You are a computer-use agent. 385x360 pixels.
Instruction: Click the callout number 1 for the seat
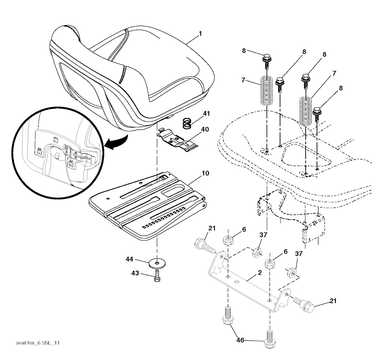point(200,33)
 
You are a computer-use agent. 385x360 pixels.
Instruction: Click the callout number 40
point(205,129)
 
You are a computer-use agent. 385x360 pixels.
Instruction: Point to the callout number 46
point(240,340)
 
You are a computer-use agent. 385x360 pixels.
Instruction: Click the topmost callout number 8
point(244,50)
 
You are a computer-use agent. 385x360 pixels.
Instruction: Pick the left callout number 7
point(244,81)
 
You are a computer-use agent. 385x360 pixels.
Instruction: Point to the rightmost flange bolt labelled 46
point(270,338)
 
